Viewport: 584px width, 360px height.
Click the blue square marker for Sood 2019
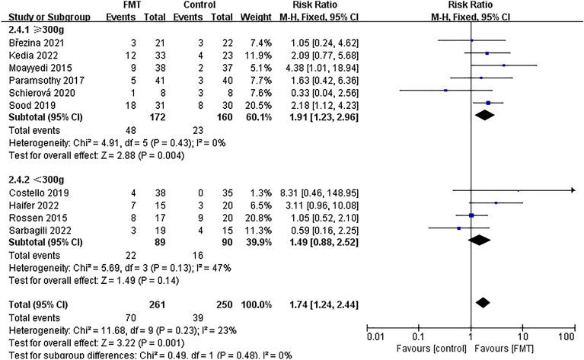click(x=488, y=104)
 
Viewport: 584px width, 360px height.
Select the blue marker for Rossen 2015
click(x=472, y=215)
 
